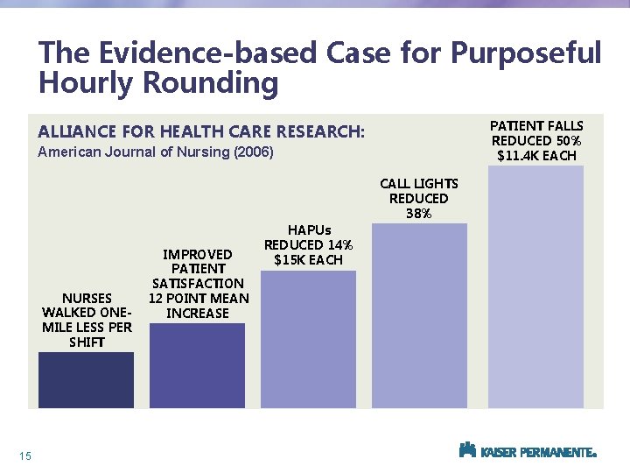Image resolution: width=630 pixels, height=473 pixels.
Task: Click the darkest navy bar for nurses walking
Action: [x=86, y=379]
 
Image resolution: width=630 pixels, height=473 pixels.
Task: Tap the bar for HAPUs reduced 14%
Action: [x=308, y=339]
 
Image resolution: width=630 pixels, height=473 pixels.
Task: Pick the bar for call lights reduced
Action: [x=419, y=315]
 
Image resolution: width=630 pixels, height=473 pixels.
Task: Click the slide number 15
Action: [x=24, y=455]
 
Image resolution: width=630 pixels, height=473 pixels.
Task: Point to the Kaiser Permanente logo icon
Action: [x=467, y=450]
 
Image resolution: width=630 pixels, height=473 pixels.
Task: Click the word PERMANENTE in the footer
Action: [x=556, y=453]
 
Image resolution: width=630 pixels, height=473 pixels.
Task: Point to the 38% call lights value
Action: [x=419, y=213]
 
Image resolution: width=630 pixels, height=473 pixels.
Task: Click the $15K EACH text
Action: [x=308, y=259]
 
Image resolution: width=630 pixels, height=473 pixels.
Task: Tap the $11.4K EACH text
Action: [x=536, y=155]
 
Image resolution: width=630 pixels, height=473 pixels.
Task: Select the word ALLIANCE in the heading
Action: [x=79, y=132]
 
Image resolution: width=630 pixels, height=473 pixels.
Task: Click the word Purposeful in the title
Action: [x=526, y=53]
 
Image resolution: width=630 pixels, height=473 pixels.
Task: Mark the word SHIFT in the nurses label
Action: [x=86, y=342]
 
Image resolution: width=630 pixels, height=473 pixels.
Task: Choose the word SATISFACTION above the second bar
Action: [x=198, y=283]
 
